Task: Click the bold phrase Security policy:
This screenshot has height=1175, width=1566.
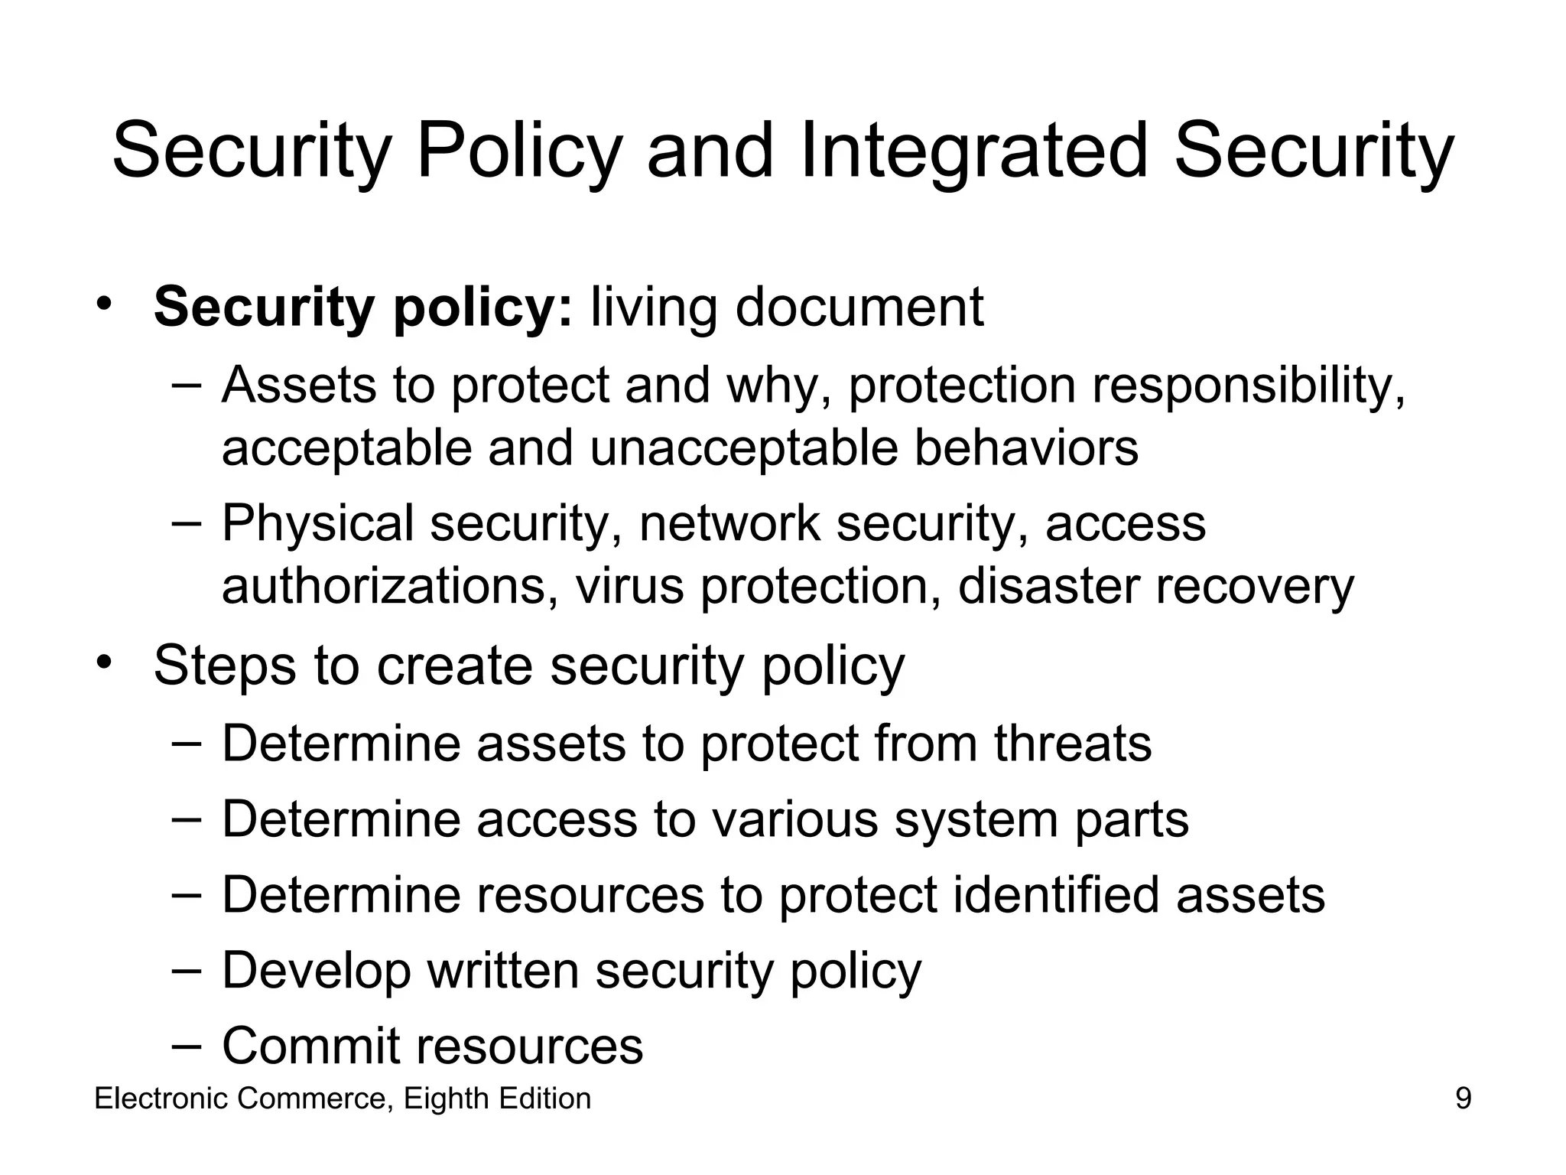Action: click(362, 308)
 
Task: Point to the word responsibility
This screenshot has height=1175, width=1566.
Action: click(1248, 385)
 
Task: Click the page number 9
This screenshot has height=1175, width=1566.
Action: click(1463, 1099)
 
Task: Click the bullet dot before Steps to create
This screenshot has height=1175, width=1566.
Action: click(104, 661)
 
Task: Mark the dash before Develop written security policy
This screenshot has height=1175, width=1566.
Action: click(187, 970)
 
